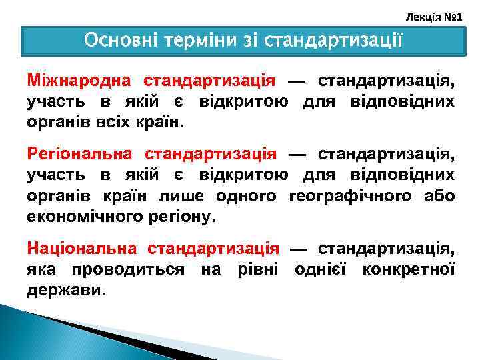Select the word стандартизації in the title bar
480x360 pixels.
pos(333,41)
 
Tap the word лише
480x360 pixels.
pos(183,197)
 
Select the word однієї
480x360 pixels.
pos(320,270)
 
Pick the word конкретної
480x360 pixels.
pos(409,270)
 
